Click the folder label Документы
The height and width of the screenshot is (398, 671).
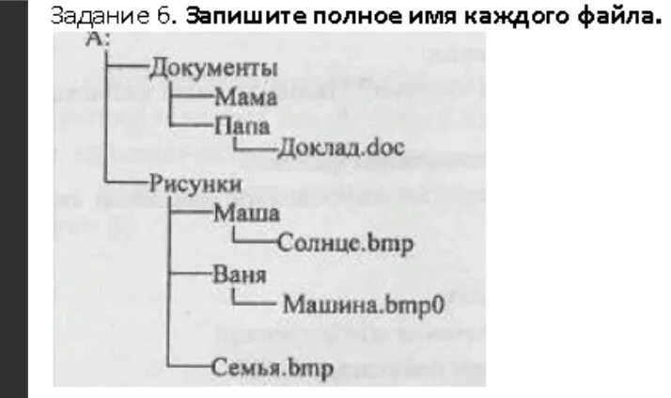coord(213,69)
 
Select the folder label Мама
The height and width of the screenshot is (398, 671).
coord(245,96)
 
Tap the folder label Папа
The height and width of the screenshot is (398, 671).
coord(242,124)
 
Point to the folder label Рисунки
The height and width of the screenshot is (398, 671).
coord(195,183)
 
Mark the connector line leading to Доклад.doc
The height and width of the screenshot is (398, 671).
coord(254,150)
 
